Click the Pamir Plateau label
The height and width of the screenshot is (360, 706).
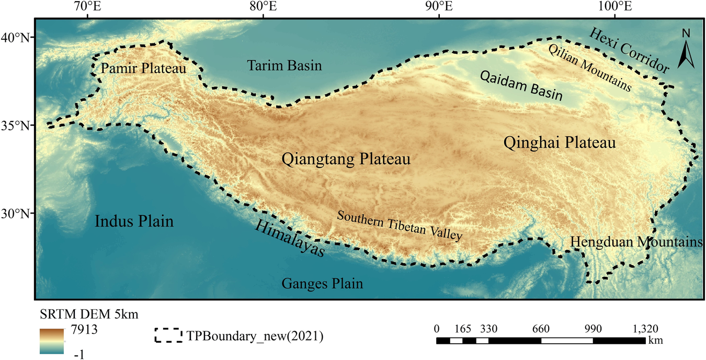pos(143,69)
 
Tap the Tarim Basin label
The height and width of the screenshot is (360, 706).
pos(284,65)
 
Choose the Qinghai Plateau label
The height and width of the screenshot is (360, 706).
pos(559,143)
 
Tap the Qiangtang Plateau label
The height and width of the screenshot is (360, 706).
pos(346,160)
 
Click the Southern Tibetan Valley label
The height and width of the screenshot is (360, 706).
pos(400,226)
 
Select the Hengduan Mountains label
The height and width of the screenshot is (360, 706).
pos(636,242)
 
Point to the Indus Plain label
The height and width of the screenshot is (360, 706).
pos(134,221)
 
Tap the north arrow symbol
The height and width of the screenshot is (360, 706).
pos(686,50)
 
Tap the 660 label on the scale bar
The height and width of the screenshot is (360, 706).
pos(541,329)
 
